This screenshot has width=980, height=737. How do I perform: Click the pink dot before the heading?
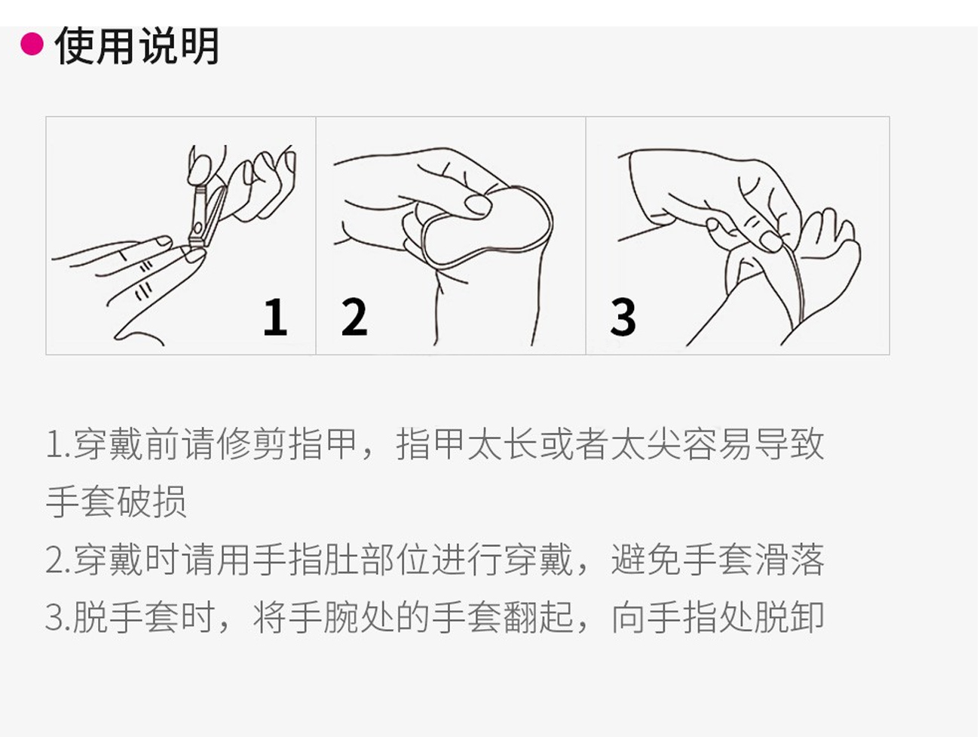coord(32,45)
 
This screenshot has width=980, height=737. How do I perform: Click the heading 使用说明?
coord(137,45)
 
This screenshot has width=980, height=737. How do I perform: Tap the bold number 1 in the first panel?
coord(274,317)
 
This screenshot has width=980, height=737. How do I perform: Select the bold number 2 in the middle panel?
coord(354,317)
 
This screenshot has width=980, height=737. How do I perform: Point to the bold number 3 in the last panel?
coord(623,317)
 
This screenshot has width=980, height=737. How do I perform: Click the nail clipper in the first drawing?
coord(207,216)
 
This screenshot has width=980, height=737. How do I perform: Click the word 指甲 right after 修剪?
coord(323,444)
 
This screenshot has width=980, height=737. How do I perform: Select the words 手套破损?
coord(117,502)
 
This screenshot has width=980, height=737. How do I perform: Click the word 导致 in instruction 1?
coord(789,444)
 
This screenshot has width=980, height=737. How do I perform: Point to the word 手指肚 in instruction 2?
coord(306,560)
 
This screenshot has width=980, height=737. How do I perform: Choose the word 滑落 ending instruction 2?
coord(789,560)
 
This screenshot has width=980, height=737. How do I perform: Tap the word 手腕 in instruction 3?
coord(323,618)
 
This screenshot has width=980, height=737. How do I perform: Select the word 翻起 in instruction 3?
coord(538,618)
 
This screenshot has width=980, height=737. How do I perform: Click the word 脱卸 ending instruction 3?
coord(789,618)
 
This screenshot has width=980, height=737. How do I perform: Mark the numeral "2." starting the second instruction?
coord(59,560)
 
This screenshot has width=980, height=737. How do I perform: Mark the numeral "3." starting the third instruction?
coord(59,619)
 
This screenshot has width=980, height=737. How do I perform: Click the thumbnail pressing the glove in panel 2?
coord(478,205)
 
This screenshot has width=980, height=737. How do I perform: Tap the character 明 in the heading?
coord(200,45)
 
